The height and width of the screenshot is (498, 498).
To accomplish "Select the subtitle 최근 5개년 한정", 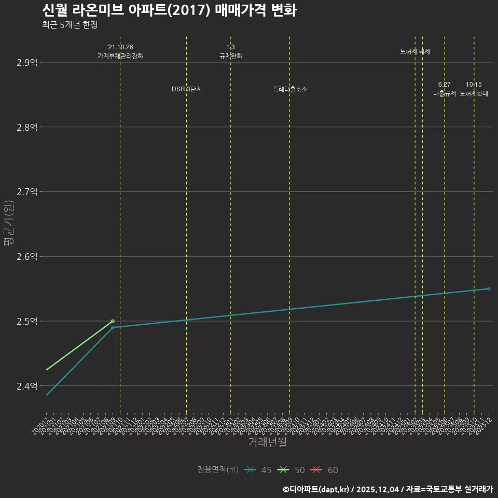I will point(70,25).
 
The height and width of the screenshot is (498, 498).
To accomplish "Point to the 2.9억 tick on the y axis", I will point(27,63).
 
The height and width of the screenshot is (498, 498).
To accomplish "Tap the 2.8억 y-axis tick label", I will point(27,127).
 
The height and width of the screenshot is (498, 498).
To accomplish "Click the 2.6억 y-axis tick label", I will point(27,257).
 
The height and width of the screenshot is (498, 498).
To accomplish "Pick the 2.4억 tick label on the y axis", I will point(27,386).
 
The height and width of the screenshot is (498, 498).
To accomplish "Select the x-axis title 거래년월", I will point(267,442).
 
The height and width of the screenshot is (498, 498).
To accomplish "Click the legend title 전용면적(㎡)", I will point(218,470).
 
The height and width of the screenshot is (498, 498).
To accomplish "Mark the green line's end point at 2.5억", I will point(113,321).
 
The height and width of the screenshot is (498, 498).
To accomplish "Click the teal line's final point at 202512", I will point(489,288).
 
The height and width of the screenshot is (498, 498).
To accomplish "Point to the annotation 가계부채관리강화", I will point(120,56).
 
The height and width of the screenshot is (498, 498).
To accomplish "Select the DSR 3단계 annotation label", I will point(187,89).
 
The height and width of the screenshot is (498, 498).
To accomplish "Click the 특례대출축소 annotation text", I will point(290,89).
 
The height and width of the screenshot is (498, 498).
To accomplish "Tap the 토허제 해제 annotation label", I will point(415,51).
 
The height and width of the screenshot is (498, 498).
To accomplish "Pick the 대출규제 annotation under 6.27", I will point(445,93).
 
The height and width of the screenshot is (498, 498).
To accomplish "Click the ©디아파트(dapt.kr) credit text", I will point(316,489).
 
